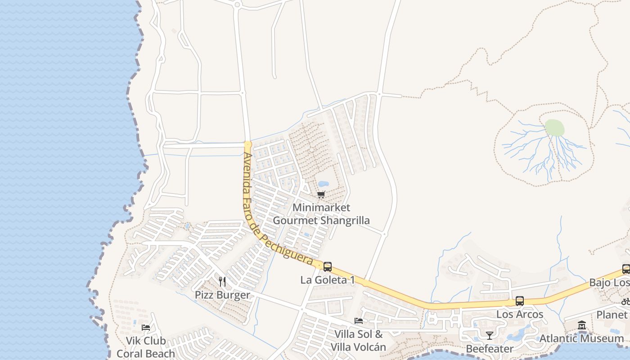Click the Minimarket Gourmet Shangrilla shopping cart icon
321,194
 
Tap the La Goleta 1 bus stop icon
328,266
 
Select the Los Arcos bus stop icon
520,301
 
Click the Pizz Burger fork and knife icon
222,282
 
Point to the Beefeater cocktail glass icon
490,335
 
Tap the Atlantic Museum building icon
582,325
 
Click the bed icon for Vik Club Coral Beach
146,327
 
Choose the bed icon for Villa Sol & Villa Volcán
359,321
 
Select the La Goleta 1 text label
328,280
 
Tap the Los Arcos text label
520,314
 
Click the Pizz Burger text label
222,295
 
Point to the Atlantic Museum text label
582,338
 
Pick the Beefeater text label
490,349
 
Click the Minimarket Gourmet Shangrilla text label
321,214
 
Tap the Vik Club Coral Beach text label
146,347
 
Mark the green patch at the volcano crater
554,128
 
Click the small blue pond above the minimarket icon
323,184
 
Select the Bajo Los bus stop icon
626,269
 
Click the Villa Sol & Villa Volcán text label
359,341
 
